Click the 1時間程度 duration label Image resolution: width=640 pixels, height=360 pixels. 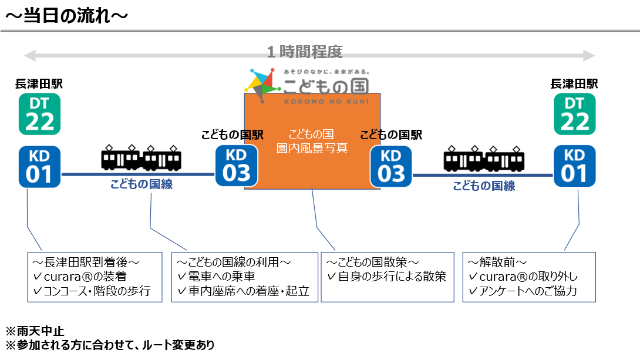pyautogui.click(x=305, y=52)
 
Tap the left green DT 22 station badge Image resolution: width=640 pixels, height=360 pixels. pyautogui.click(x=39, y=113)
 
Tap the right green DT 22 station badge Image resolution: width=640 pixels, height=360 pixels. pyautogui.click(x=574, y=113)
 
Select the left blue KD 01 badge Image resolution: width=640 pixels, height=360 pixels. pyautogui.click(x=39, y=166)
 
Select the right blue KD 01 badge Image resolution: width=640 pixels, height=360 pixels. pyautogui.click(x=574, y=166)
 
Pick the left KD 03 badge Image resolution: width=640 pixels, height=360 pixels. pyautogui.click(x=236, y=166)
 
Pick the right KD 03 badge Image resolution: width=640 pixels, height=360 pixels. pyautogui.click(x=390, y=166)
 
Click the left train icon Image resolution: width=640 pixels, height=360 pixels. pyautogui.click(x=141, y=157)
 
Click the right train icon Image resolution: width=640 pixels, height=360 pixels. pyautogui.click(x=484, y=157)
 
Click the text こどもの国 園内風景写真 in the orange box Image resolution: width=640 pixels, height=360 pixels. pyautogui.click(x=312, y=142)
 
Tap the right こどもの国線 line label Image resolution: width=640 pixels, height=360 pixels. pyautogui.click(x=484, y=186)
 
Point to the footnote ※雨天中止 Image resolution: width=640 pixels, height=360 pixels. pyautogui.click(x=32, y=331)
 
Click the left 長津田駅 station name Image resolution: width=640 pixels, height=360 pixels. pyautogui.click(x=39, y=84)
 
